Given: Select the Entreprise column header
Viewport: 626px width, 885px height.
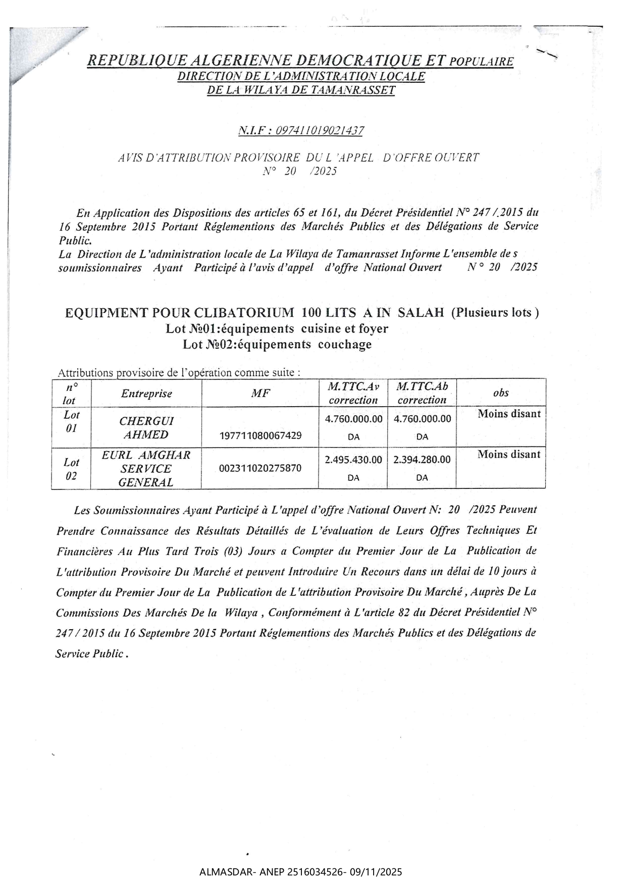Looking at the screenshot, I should (146, 394).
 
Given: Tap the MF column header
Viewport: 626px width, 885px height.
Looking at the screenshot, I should (260, 394).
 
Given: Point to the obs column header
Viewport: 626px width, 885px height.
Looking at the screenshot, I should (501, 393).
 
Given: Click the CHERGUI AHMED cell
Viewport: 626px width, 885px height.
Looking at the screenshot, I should (146, 427).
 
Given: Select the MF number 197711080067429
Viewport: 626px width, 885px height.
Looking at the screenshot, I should (260, 435).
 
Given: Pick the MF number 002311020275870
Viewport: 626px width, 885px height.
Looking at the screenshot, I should (260, 468).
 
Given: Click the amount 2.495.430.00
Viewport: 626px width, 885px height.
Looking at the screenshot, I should (353, 460).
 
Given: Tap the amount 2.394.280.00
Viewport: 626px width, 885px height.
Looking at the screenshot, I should (422, 460).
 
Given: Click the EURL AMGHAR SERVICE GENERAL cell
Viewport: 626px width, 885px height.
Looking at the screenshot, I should (146, 468).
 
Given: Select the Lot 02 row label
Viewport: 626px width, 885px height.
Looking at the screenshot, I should (71, 469).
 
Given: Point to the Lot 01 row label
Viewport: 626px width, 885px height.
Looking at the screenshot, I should (71, 421).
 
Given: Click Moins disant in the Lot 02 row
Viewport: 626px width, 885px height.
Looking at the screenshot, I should (509, 454).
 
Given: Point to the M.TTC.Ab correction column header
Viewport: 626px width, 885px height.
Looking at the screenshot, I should (422, 393).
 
